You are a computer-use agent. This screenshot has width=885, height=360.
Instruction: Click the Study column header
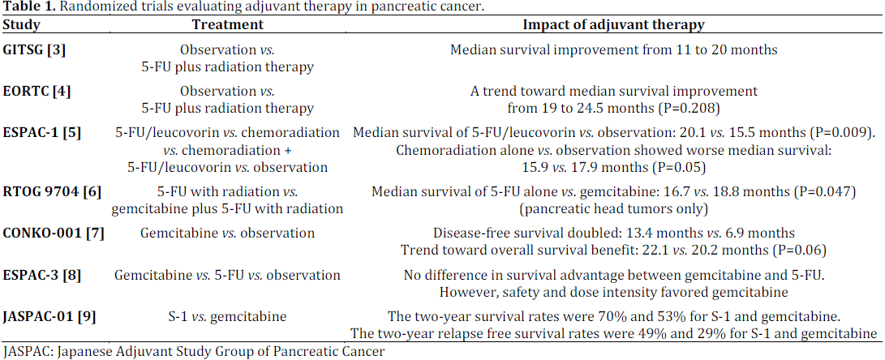click(x=21, y=25)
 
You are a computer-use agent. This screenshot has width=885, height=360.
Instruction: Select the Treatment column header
click(x=227, y=25)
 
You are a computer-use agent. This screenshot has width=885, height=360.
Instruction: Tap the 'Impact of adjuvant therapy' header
click(x=613, y=25)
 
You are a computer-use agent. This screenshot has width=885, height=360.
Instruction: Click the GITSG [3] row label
click(x=35, y=49)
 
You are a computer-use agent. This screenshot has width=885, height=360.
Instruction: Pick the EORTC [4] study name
click(x=37, y=91)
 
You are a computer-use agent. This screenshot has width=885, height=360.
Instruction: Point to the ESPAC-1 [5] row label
click(x=42, y=132)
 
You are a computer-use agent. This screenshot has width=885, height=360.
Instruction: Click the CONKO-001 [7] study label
click(x=54, y=233)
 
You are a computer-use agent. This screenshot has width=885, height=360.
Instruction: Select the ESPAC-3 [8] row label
click(x=42, y=275)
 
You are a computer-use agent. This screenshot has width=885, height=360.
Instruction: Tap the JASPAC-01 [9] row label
click(x=49, y=316)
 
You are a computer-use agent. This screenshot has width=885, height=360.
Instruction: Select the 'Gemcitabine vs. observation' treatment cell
click(x=227, y=233)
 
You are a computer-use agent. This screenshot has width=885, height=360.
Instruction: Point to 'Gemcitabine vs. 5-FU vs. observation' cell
click(x=227, y=275)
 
